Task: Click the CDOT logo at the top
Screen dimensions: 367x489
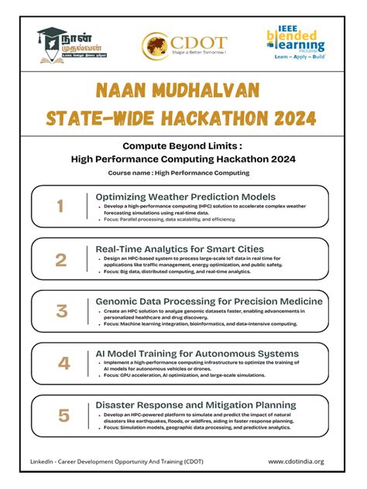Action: [x=183, y=43]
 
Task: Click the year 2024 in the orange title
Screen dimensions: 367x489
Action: [x=288, y=118]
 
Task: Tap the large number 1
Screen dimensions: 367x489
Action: [x=60, y=206]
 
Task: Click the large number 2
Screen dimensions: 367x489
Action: [x=60, y=259]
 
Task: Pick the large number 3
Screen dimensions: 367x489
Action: [x=61, y=311]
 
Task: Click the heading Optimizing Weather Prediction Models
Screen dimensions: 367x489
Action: [x=185, y=197]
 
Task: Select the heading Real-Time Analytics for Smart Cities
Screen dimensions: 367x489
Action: [x=180, y=249]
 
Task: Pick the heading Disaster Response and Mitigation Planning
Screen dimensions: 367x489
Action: [x=195, y=405]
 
